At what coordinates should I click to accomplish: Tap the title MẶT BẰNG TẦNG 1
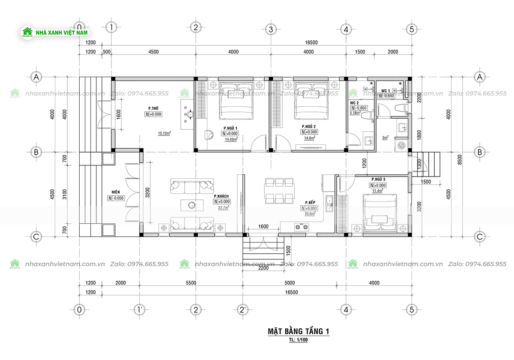coord(298,331)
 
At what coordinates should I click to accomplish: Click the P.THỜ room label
coord(154,108)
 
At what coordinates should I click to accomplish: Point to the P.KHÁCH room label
coord(221,196)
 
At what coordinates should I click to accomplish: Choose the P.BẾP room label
coord(311,202)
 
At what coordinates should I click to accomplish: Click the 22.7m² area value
coord(223,207)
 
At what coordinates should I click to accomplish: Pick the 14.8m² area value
coord(309,138)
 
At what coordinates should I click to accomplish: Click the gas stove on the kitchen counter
coord(301,227)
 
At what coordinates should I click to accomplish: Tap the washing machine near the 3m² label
coord(401,145)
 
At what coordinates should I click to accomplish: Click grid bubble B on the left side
coord(36,152)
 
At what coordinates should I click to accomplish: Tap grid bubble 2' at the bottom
coord(242,309)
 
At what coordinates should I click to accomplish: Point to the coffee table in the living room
coord(192,205)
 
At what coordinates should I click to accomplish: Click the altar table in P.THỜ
coord(189,114)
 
